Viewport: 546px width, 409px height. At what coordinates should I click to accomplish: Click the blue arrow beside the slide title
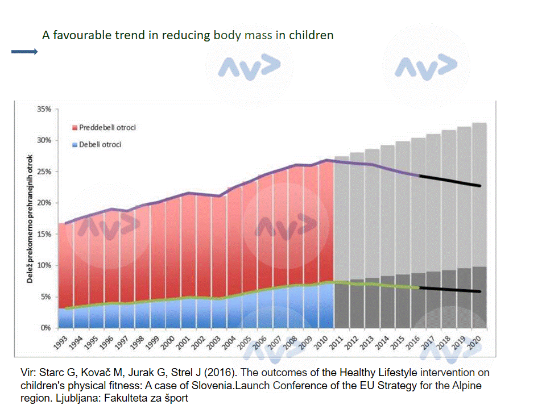(24, 52)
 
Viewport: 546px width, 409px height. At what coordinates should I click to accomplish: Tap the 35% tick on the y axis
(44, 108)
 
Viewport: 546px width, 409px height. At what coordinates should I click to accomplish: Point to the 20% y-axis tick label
(44, 203)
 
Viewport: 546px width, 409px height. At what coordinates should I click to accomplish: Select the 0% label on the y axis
(47, 328)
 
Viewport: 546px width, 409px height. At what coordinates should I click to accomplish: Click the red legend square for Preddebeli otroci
(75, 127)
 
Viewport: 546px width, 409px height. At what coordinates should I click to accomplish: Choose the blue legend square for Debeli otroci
(75, 144)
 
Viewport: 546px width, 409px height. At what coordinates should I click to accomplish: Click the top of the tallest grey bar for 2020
(480, 124)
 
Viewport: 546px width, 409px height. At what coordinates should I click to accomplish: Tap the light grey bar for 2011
(342, 216)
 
